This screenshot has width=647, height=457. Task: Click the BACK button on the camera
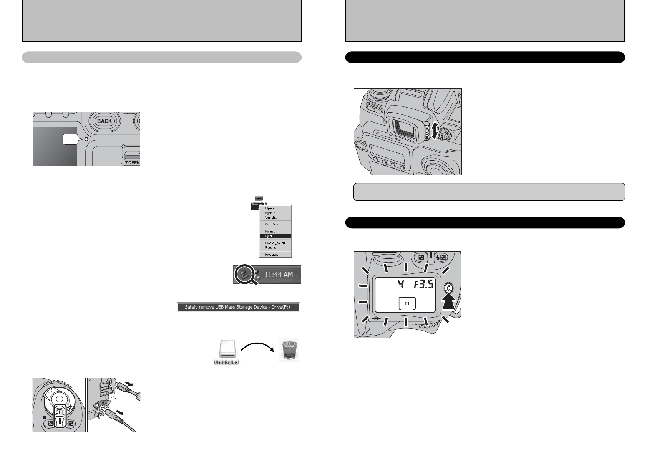[104, 121]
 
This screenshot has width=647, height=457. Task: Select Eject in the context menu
[269, 236]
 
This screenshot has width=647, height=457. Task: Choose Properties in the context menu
[271, 254]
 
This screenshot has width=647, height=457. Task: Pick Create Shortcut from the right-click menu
[275, 243]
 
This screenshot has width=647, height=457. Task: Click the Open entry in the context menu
[270, 208]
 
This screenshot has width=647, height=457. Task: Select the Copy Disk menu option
[272, 224]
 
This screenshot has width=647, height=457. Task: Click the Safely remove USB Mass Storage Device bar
[238, 307]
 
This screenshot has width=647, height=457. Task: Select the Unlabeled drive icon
[226, 349]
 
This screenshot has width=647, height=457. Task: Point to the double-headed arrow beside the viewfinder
[435, 131]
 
